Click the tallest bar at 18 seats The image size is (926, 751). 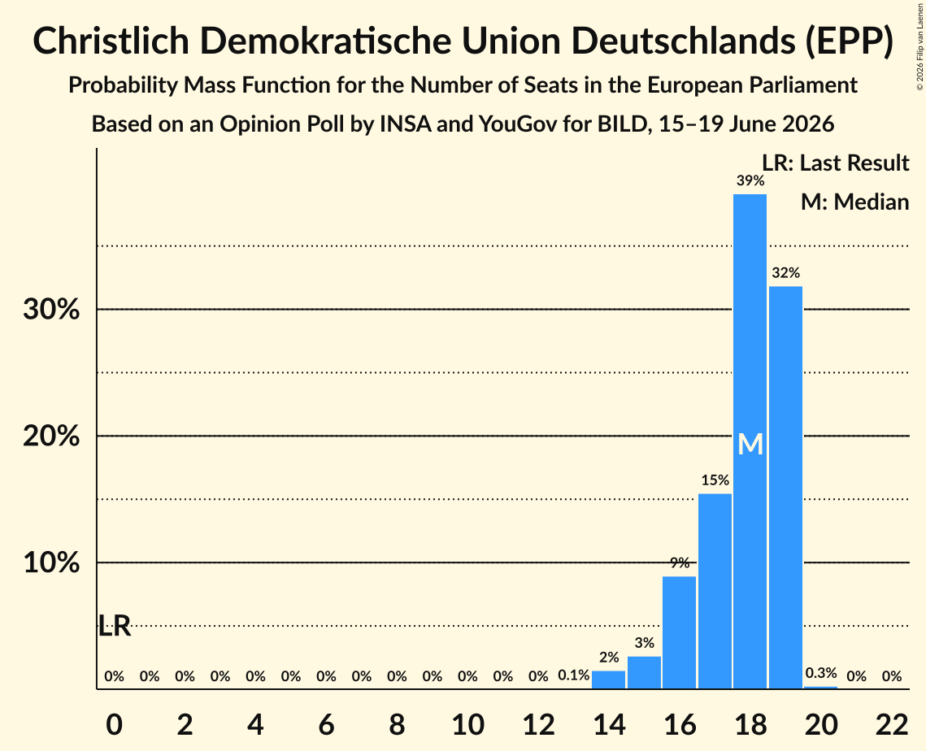point(750,441)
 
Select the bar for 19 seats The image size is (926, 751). point(785,487)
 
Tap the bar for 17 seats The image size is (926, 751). point(715,591)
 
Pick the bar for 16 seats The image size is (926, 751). point(679,632)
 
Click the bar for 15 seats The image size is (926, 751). point(644,672)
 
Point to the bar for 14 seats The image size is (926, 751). point(608,679)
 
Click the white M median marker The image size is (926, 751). point(750,444)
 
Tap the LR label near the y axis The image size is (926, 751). point(114,626)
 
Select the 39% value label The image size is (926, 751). point(750,180)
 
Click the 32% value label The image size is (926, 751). point(785,273)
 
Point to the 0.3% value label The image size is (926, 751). point(821,673)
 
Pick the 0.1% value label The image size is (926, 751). point(573,675)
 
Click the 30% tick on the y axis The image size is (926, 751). point(51,309)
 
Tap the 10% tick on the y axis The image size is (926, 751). point(51,562)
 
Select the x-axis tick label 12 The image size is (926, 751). point(538,724)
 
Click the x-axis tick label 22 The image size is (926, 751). point(892,724)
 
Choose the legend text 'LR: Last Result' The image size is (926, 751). point(835,163)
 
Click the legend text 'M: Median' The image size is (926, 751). point(854,202)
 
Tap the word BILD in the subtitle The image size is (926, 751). point(623,124)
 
